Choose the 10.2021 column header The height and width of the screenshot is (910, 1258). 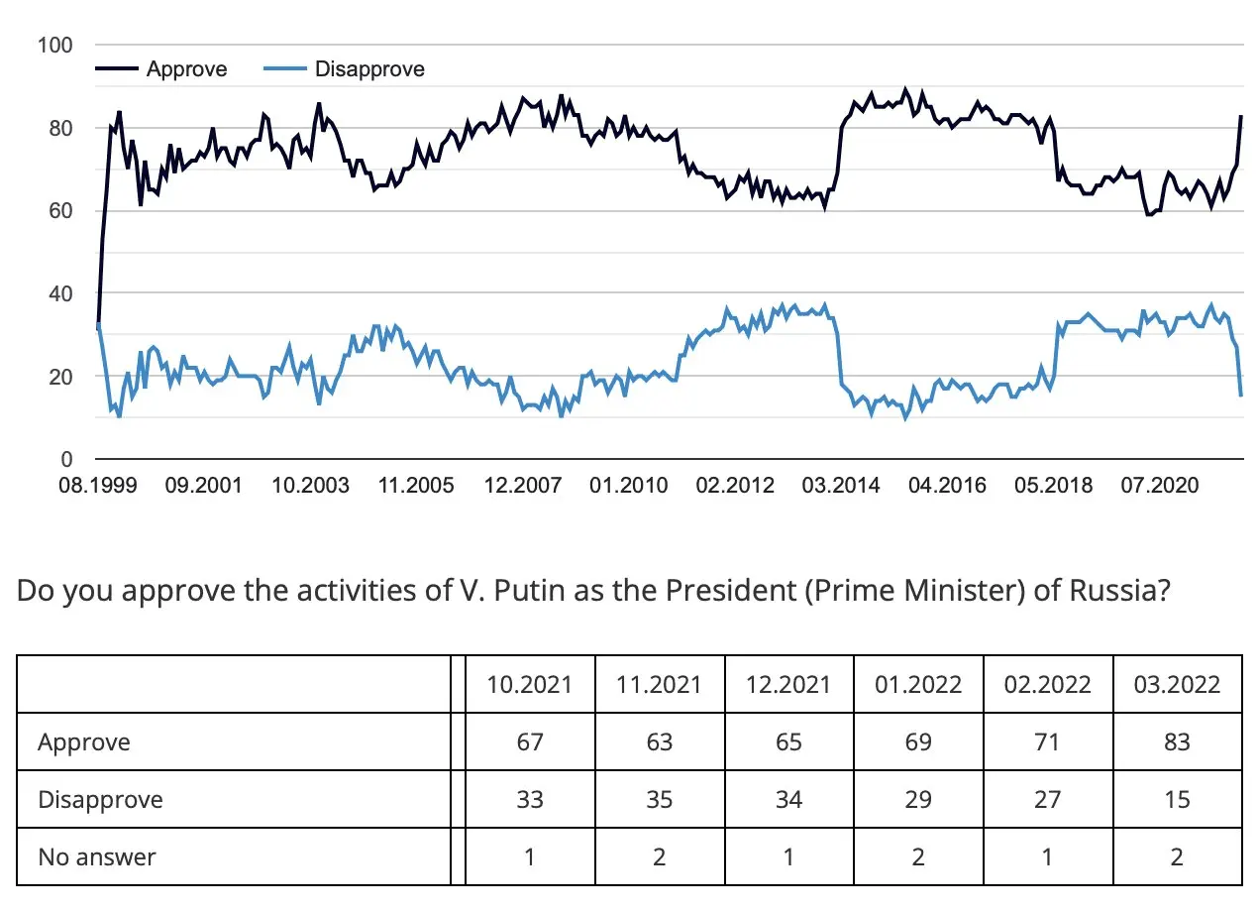coord(530,685)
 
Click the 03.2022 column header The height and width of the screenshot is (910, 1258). coord(1177,685)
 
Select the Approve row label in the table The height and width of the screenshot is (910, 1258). coord(84,741)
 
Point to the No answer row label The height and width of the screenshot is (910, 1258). coord(97,856)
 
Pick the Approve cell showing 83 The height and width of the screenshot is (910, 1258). coord(1177,741)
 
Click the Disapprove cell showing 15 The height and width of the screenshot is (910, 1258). coord(1177,799)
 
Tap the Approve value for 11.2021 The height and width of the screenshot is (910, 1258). coord(660,741)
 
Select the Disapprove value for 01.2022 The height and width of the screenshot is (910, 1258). coord(918,799)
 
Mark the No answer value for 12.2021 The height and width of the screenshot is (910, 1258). coord(788,856)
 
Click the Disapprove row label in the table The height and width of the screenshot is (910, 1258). coord(100,799)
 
